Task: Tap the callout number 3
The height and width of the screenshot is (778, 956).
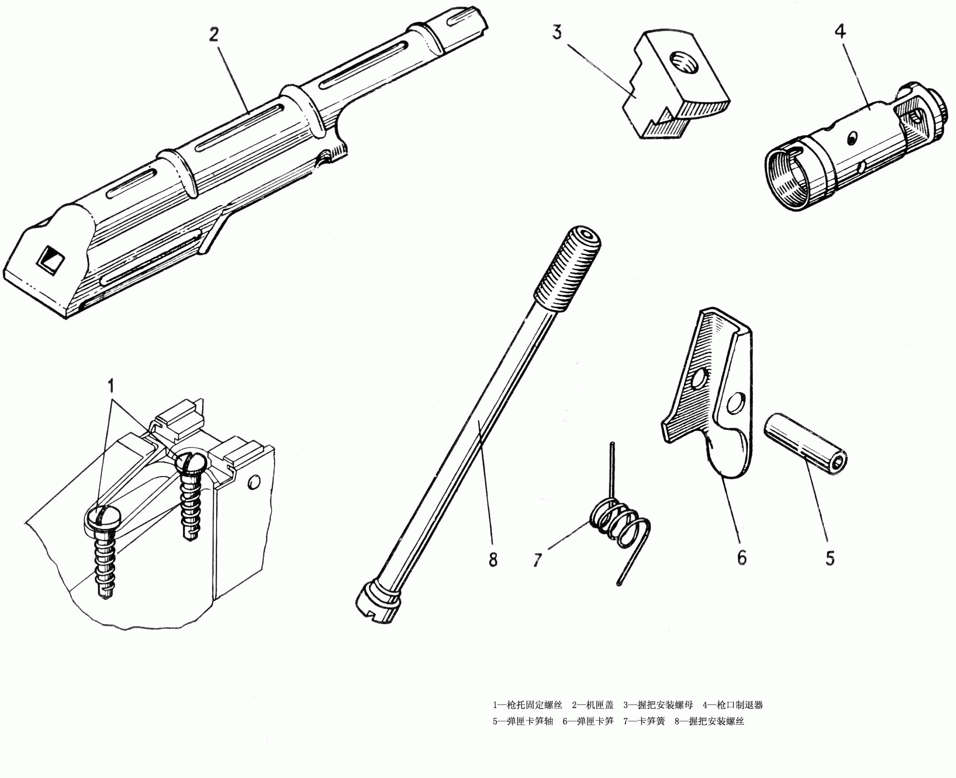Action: pos(557,32)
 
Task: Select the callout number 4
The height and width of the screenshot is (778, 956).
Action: pos(840,32)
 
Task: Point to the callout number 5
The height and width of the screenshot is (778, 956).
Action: pos(830,558)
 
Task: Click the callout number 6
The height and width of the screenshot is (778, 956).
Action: pos(741,557)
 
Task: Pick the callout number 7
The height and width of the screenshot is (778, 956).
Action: pos(538,559)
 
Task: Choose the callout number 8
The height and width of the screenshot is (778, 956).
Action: pos(493,559)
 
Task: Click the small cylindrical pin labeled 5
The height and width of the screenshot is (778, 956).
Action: pos(805,443)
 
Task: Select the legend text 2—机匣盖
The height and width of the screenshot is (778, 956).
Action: pos(592,704)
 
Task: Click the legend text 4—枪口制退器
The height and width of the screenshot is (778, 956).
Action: pos(733,704)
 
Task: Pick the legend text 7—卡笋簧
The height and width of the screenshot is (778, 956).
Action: pos(644,721)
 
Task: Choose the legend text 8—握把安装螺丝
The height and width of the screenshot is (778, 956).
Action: pos(709,721)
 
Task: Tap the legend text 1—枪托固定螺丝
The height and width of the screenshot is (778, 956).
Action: pos(527,704)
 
